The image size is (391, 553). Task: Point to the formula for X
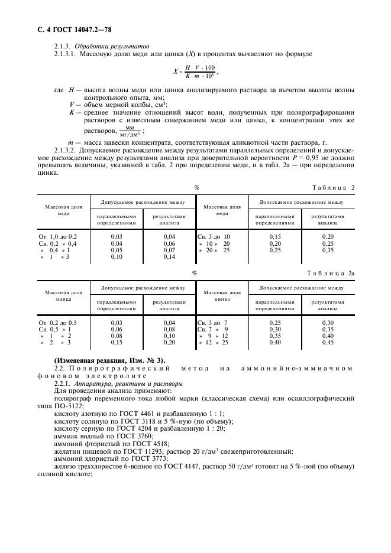click(x=195, y=71)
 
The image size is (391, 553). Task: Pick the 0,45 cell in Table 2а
click(x=327, y=343)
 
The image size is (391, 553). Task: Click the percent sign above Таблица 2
click(x=196, y=187)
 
